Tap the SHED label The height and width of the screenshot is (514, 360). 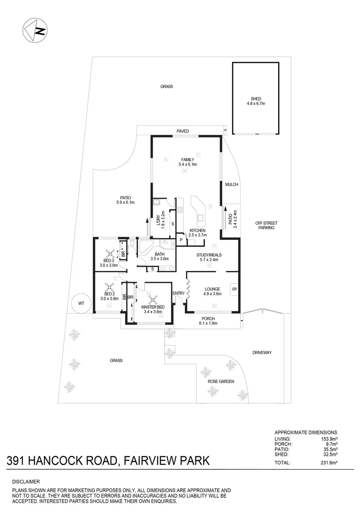[x=256, y=99]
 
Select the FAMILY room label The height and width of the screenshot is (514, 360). [x=187, y=160]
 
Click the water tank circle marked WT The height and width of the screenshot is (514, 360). [x=81, y=303]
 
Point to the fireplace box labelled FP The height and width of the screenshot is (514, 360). [x=234, y=289]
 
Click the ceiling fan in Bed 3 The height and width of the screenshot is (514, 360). [x=110, y=254]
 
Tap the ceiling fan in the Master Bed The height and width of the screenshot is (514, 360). [x=153, y=299]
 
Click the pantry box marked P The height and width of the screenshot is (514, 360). [x=181, y=240]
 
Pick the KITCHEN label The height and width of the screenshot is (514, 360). [x=197, y=230]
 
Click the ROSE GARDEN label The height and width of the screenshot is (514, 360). [x=221, y=382]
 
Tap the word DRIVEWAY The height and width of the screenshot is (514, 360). [x=262, y=353]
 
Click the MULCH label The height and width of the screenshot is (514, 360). [x=232, y=185]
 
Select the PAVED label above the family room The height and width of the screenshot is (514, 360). [x=183, y=131]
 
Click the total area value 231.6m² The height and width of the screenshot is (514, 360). [x=328, y=463]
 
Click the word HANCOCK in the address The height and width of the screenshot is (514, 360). [x=62, y=460]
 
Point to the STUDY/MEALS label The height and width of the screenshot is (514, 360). [x=210, y=255]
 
